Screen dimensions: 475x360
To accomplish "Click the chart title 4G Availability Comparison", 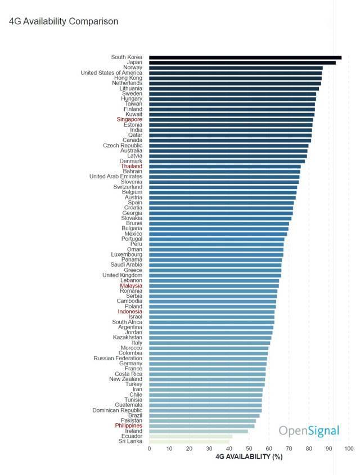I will pyautogui.click(x=64, y=21).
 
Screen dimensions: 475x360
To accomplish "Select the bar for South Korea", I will pyautogui.click(x=245, y=57).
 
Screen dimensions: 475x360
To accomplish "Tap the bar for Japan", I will pyautogui.click(x=242, y=62).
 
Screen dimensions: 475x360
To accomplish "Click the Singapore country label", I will pyautogui.click(x=129, y=119).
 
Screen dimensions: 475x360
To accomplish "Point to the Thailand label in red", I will pyautogui.click(x=131, y=166).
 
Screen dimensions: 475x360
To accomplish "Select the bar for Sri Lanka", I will pyautogui.click(x=189, y=441).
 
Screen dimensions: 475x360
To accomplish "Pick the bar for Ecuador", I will pyautogui.click(x=191, y=436).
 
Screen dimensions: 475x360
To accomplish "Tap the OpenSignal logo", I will pyautogui.click(x=309, y=432).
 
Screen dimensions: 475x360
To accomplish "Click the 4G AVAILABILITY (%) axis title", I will pyautogui.click(x=249, y=456).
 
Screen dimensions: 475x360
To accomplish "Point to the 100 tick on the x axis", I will pyautogui.click(x=349, y=449).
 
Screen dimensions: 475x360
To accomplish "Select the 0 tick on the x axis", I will pyautogui.click(x=149, y=449).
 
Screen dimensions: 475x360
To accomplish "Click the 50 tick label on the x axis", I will pyautogui.click(x=249, y=449).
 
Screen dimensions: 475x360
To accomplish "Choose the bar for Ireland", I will pyautogui.click(x=198, y=431).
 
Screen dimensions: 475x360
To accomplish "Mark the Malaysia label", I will pyautogui.click(x=131, y=286).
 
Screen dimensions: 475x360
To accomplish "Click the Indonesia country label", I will pyautogui.click(x=130, y=312).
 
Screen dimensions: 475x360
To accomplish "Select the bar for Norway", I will pyautogui.click(x=236, y=68).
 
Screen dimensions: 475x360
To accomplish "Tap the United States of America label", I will pyautogui.click(x=111, y=73).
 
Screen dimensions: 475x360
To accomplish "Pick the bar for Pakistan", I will pyautogui.click(x=202, y=420).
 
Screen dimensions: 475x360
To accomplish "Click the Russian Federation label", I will pyautogui.click(x=118, y=359).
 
